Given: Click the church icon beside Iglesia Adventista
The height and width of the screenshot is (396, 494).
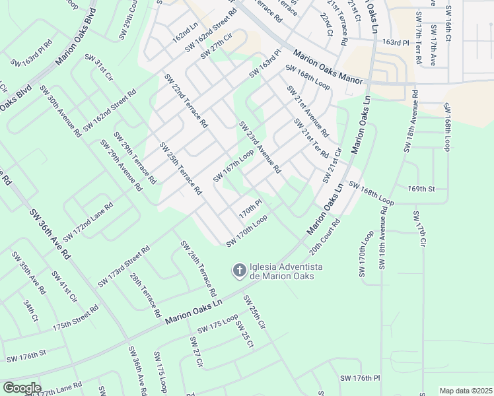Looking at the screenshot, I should pos(238,270).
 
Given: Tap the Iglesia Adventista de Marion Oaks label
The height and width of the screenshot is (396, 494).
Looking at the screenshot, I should pos(285,271).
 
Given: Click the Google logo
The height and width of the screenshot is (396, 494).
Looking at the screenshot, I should pos(22,388).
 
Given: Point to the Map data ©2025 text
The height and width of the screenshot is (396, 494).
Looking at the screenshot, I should pos(466,391).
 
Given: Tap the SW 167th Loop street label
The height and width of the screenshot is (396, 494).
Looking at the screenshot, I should pos(233,166).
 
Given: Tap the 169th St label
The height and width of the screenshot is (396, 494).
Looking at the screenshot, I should pos(421,189).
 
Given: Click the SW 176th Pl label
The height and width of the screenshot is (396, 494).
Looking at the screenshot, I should pos(361,378).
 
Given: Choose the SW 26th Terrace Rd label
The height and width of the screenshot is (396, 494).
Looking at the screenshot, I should pos(198,268).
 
